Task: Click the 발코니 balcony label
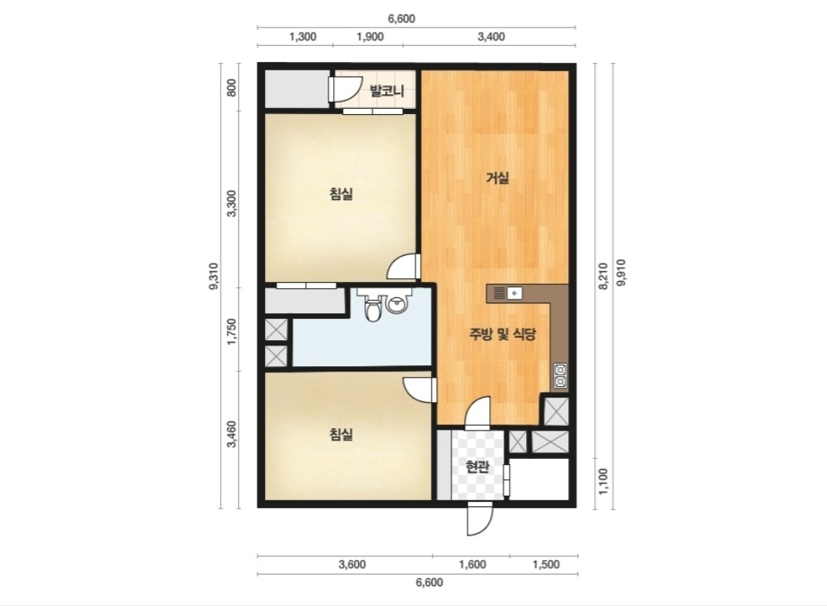tap(387, 91)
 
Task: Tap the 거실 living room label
tap(498, 178)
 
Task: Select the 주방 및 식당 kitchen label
tap(502, 333)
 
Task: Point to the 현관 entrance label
tap(478, 467)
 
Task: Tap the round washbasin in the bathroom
tap(396, 305)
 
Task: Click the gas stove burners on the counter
tap(560, 376)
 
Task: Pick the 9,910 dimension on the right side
tap(621, 273)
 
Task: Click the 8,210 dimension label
tap(603, 276)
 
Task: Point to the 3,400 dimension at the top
tap(491, 37)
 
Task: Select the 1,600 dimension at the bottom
tap(472, 565)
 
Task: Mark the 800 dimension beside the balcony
tap(231, 87)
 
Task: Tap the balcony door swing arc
tap(345, 89)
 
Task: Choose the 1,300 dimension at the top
tap(303, 37)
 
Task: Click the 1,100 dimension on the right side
tap(603, 481)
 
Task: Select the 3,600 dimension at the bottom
tap(351, 565)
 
